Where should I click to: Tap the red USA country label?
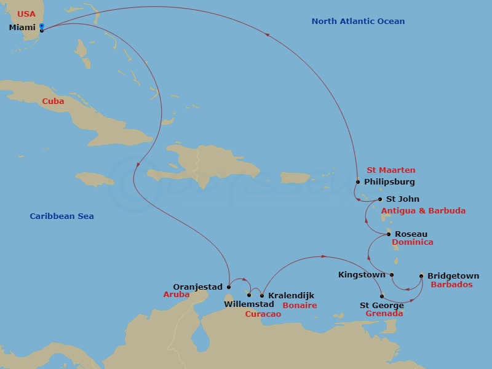[26, 14]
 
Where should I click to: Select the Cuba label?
[53, 101]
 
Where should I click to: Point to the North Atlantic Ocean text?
[358, 22]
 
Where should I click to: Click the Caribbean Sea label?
[61, 216]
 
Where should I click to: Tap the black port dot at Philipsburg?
[358, 182]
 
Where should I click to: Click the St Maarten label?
[391, 170]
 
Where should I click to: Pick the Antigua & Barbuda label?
[423, 211]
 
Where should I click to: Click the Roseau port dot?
[389, 234]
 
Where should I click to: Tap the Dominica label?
[413, 242]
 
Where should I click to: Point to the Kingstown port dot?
[392, 275]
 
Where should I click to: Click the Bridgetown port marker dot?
[421, 276]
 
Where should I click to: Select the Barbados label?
[451, 285]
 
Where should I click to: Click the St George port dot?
[382, 296]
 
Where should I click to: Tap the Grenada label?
[384, 314]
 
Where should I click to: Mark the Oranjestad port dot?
[229, 287]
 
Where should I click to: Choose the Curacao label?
[263, 314]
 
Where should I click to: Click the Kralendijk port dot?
[262, 296]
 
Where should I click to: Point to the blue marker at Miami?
[41, 26]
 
